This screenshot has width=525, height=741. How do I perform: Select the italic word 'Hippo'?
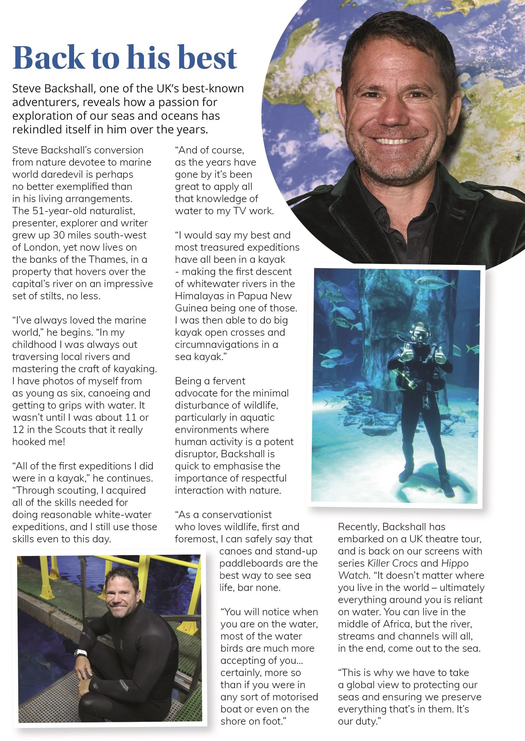point(455,563)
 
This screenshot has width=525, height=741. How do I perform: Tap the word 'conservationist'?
point(237,515)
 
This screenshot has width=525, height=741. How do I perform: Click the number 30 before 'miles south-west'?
point(59,235)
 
